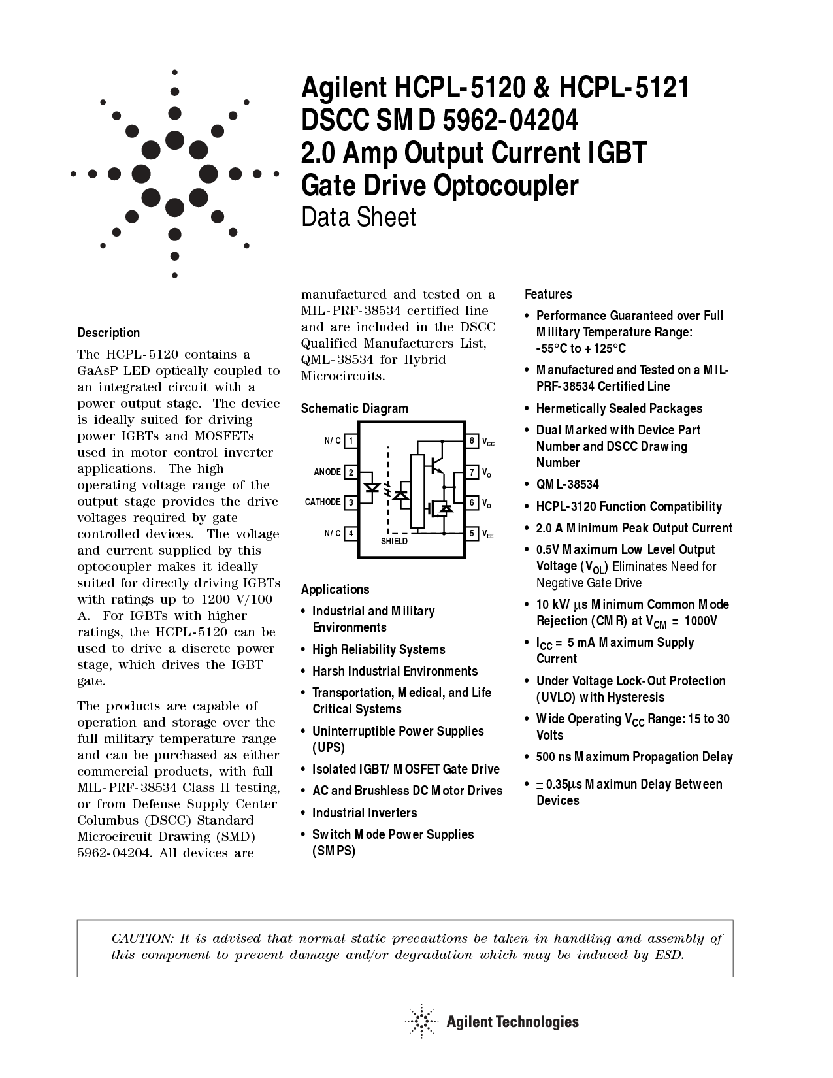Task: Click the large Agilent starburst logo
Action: coord(174,174)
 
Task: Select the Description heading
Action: coord(108,333)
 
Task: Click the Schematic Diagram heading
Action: coord(354,408)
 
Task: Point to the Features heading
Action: coord(548,294)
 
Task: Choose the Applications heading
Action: coord(335,589)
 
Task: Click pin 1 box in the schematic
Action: coord(351,441)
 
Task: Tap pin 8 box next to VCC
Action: coord(472,441)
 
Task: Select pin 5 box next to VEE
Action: coord(472,533)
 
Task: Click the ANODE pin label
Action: coord(327,472)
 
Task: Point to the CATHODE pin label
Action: coord(323,502)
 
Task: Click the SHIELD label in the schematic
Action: coord(394,541)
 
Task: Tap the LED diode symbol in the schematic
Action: coord(372,487)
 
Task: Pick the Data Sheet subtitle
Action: coord(358,218)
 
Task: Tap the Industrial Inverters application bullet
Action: coord(365,813)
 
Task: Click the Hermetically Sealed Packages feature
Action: coord(619,408)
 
